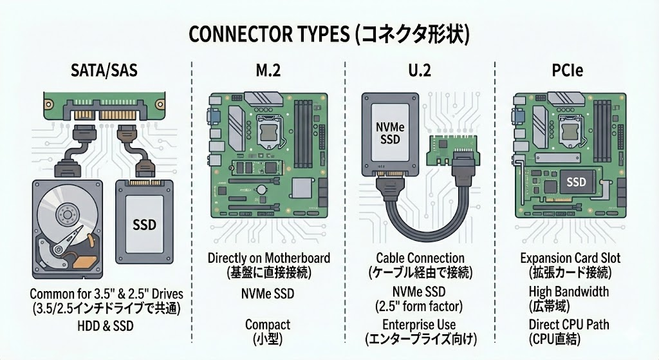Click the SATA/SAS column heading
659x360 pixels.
click(x=104, y=70)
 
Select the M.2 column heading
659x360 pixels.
click(x=268, y=70)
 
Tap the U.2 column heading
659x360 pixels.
click(x=420, y=70)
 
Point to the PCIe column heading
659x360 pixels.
click(x=567, y=70)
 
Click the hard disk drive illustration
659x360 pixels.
click(x=67, y=229)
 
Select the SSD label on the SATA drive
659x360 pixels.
click(x=144, y=225)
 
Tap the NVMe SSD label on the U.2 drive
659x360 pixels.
click(x=390, y=132)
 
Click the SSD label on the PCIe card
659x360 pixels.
click(x=576, y=182)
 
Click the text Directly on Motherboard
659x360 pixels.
click(x=269, y=258)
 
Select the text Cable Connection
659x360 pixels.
click(x=420, y=258)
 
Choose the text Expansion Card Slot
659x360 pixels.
click(x=570, y=258)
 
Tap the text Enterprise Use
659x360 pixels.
click(x=419, y=325)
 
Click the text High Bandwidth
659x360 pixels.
click(x=569, y=292)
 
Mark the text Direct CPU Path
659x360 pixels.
click(x=569, y=325)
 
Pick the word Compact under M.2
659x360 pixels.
click(x=268, y=325)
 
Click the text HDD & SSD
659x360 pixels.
click(x=106, y=326)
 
